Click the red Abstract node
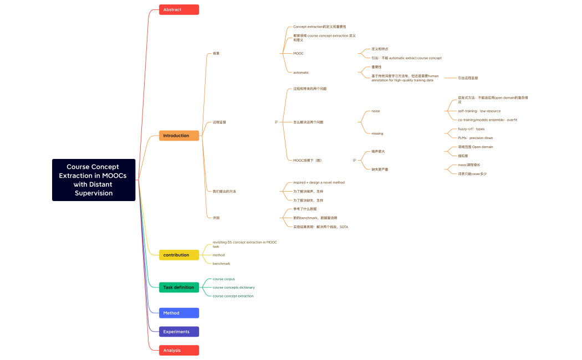pyautogui.click(x=178, y=9)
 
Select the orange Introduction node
pyautogui.click(x=178, y=136)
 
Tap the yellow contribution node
pyautogui.click(x=178, y=255)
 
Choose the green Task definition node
pyautogui.click(x=178, y=287)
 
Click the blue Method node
pyautogui.click(x=178, y=313)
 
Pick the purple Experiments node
pyautogui.click(x=178, y=332)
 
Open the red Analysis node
pyautogui.click(x=178, y=350)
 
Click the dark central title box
pyautogui.click(x=94, y=179)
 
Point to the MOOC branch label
pyautogui.click(x=298, y=54)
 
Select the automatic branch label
pyautogui.click(x=301, y=73)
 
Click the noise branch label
pyautogui.click(x=375, y=111)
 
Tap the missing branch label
pyautogui.click(x=377, y=133)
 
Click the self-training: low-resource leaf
pyautogui.click(x=479, y=111)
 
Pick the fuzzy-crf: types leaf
pyautogui.click(x=471, y=129)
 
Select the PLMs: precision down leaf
pyautogui.click(x=475, y=138)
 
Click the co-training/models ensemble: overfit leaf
pyautogui.click(x=487, y=120)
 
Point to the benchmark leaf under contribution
pyautogui.click(x=221, y=264)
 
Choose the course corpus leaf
pyautogui.click(x=223, y=279)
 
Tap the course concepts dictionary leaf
pyautogui.click(x=233, y=287)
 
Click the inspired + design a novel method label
pyautogui.click(x=319, y=182)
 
